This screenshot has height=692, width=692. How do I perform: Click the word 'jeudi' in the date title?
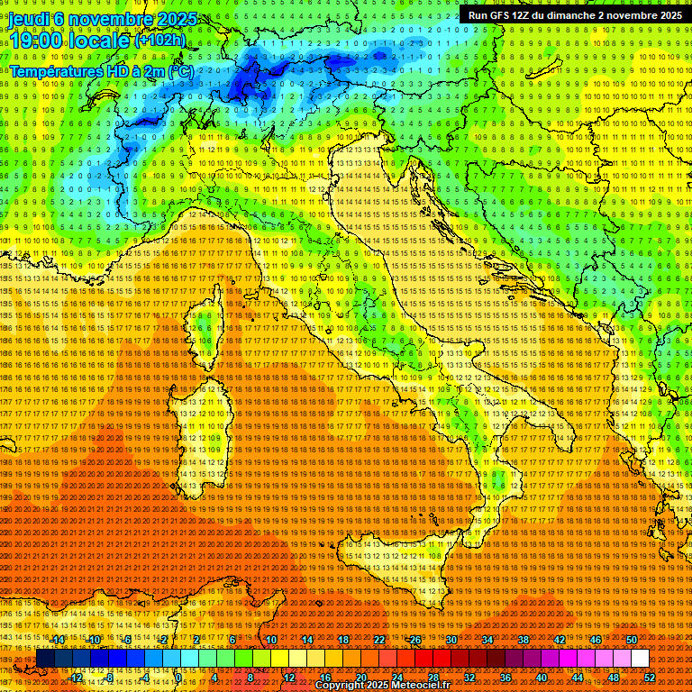(x=29, y=19)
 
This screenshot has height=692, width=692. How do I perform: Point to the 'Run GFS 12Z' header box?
(x=574, y=15)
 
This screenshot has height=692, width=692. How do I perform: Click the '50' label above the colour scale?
(x=632, y=640)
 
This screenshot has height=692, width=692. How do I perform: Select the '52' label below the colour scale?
(x=650, y=677)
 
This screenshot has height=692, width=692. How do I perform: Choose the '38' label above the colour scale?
(x=524, y=640)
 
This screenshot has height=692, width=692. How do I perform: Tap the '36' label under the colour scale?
(x=505, y=677)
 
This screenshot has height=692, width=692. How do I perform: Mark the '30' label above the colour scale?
(x=451, y=640)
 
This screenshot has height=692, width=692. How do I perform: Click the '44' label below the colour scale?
(x=578, y=677)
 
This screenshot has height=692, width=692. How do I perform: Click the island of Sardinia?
(x=205, y=423)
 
